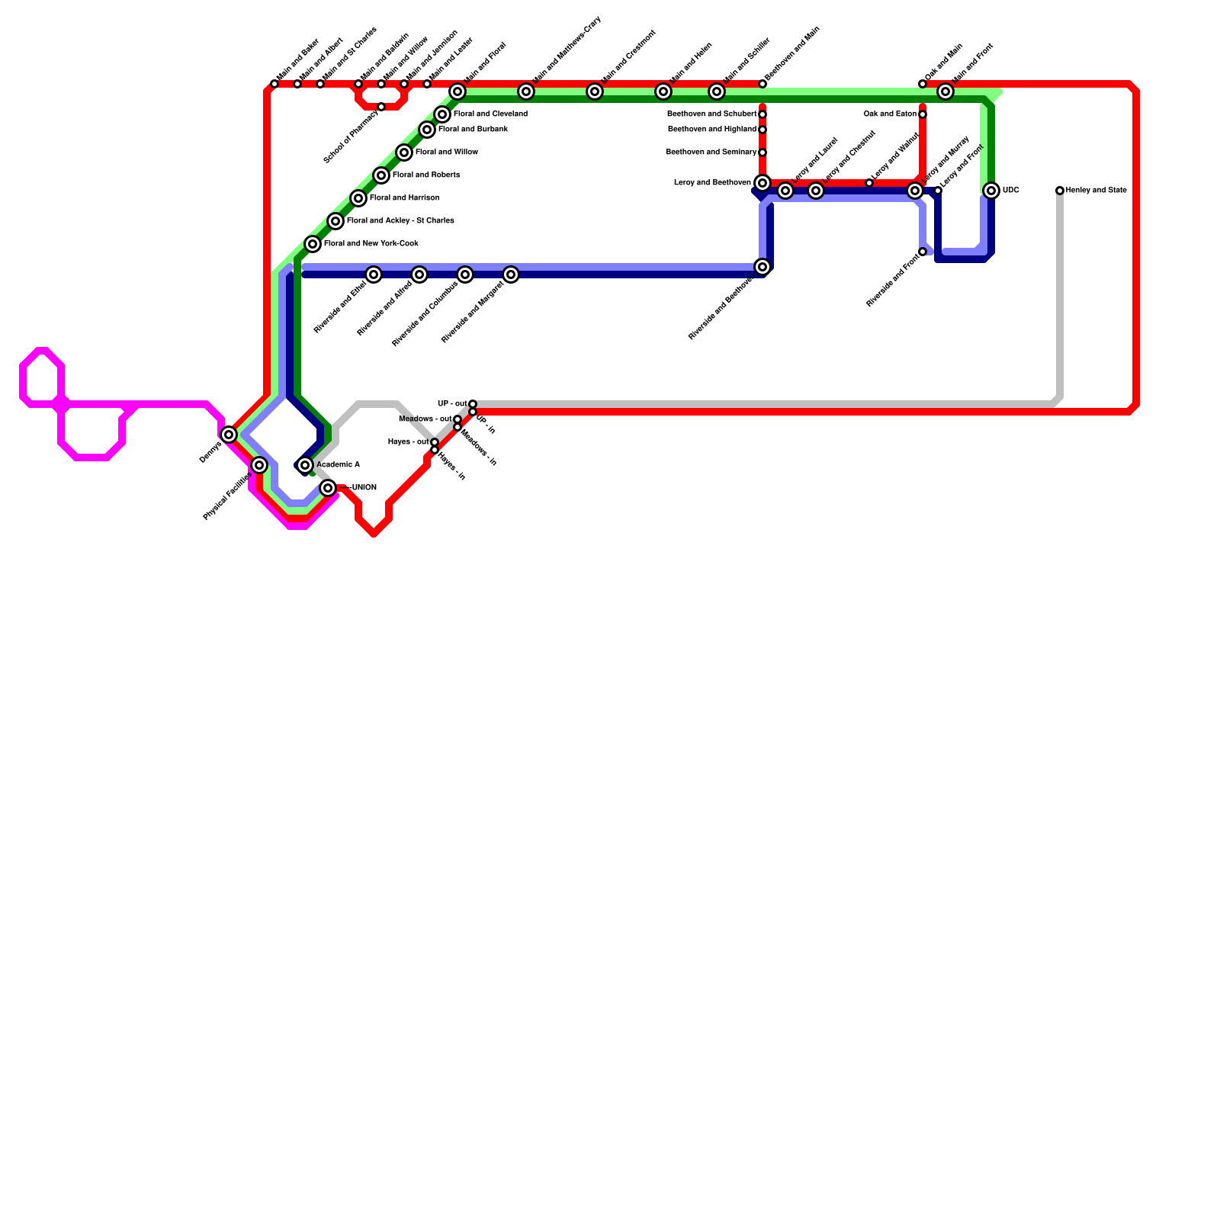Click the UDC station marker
pos(990,191)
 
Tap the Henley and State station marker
pos(1059,191)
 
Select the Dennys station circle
pos(229,435)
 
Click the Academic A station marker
pos(305,465)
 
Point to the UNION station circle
pos(328,488)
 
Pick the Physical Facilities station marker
pos(259,465)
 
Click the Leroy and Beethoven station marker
pos(762,183)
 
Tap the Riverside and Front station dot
pos(923,252)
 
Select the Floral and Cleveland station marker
pos(442,114)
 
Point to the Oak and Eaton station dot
pos(923,114)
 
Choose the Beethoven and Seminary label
pos(711,152)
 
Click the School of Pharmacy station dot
pos(381,107)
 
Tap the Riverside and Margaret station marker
pos(511,274)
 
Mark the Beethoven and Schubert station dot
pos(762,114)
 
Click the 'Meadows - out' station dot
pos(457,419)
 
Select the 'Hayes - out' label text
pos(408,442)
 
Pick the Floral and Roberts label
pos(425,175)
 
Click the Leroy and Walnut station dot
pos(869,183)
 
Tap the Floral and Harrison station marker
pos(358,198)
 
